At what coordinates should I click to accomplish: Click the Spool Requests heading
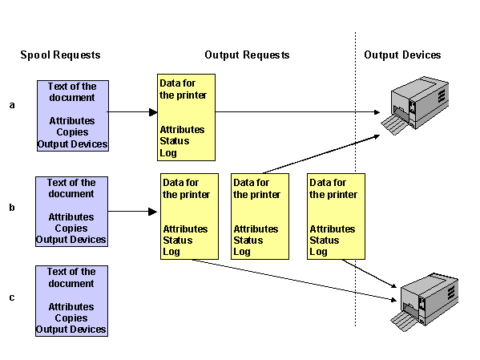[x=60, y=55]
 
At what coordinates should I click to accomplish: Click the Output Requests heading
[x=247, y=55]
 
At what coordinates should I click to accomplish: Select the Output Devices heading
[x=402, y=55]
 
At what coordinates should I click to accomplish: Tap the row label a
[x=11, y=105]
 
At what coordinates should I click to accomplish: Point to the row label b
[x=11, y=208]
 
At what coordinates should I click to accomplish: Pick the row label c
[x=11, y=297]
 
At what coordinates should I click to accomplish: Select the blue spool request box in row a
[x=72, y=115]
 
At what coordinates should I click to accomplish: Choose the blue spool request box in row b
[x=71, y=212]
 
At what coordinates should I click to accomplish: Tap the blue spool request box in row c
[x=71, y=301]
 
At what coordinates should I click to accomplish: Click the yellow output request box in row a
[x=186, y=117]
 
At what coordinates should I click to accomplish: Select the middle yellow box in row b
[x=260, y=216]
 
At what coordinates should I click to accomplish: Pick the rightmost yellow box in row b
[x=336, y=216]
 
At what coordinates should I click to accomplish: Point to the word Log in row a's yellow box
[x=168, y=152]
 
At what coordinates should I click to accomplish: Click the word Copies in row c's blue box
[x=71, y=318]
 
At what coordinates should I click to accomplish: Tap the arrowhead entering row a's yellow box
[x=152, y=112]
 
